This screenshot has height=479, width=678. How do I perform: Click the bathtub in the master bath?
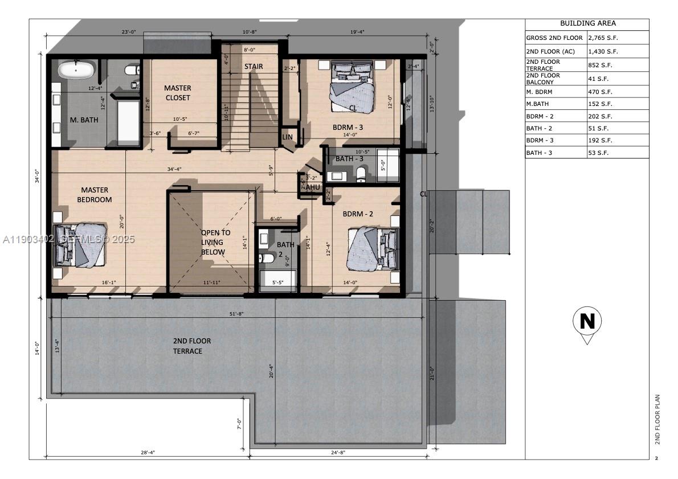point(76,71)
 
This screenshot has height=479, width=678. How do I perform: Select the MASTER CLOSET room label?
point(178,93)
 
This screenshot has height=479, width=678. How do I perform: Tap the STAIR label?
point(254,67)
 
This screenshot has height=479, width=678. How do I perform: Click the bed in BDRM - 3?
point(353,88)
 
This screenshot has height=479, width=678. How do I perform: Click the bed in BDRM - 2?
point(373,248)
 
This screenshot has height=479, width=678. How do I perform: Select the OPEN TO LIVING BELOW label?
point(215,242)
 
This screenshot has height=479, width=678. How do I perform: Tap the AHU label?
point(313,187)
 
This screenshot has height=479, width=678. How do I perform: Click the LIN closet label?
point(288,137)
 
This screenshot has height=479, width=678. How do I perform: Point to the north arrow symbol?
point(587,324)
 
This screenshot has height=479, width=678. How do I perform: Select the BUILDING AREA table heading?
point(587,24)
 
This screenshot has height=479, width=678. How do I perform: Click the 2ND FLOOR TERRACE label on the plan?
point(191,346)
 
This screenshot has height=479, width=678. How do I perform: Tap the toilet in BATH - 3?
point(360,174)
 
